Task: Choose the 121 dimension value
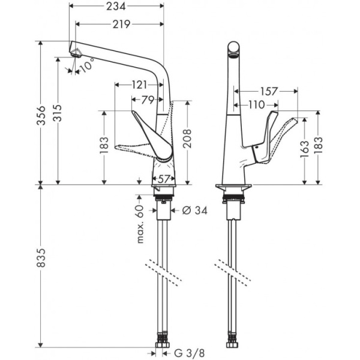point(139,85)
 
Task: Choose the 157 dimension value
point(270,92)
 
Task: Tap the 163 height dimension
point(304,147)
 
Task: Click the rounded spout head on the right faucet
point(234,48)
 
